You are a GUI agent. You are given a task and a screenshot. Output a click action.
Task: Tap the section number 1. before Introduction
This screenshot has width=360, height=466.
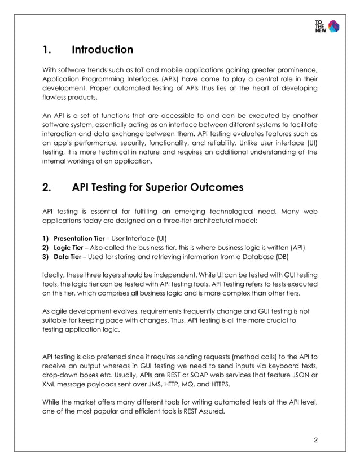pos(47,50)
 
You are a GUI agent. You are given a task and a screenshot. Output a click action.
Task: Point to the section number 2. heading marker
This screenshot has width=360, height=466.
pos(48,187)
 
